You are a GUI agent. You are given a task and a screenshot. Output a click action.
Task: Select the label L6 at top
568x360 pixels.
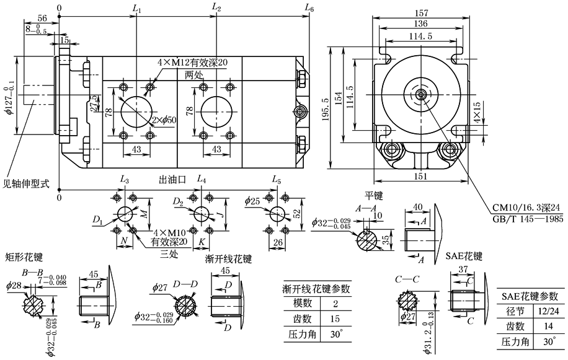tap(309, 7)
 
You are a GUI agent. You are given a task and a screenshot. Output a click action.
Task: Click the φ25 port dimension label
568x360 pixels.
tap(252, 201)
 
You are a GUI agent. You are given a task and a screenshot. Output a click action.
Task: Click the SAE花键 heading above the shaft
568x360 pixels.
tap(464, 255)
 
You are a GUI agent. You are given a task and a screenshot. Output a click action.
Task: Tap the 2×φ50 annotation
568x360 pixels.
tap(163, 119)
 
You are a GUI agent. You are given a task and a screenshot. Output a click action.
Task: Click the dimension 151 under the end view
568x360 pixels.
tap(422, 177)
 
